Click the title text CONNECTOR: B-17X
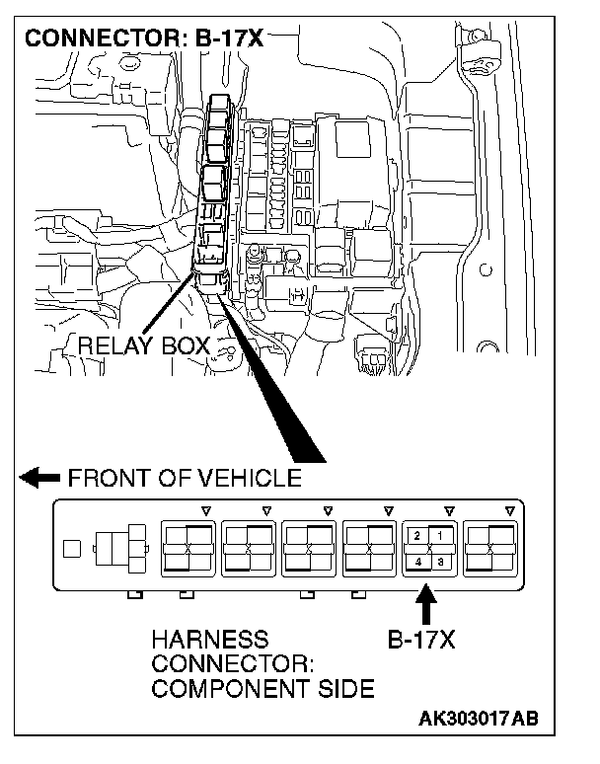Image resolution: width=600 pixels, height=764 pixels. tap(145, 39)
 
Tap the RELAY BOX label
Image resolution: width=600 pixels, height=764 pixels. tap(143, 345)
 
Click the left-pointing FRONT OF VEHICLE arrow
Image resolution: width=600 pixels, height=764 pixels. tap(39, 479)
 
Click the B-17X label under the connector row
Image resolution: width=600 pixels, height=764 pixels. tap(419, 640)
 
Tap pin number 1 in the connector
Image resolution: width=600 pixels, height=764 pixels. tap(439, 535)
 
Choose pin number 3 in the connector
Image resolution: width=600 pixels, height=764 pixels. tap(439, 561)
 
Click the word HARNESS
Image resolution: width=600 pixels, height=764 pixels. tap(209, 640)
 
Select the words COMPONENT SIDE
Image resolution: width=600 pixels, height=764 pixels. tap(262, 689)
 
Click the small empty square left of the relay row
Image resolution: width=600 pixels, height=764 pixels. tap(72, 549)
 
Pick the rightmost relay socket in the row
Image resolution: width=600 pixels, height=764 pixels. tap(489, 548)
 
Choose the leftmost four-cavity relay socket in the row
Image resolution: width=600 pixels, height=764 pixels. tap(187, 548)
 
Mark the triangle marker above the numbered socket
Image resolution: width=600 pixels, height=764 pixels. tap(449, 510)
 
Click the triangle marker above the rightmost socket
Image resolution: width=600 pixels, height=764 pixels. tap(509, 510)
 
